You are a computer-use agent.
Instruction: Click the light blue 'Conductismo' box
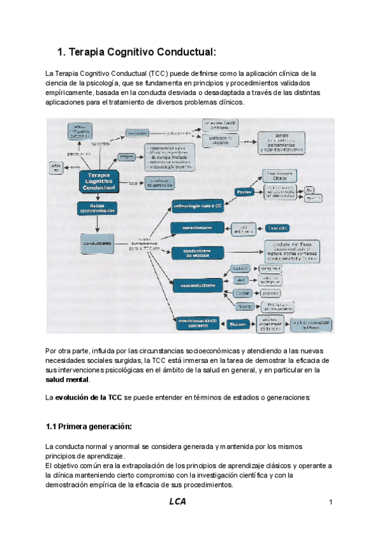(x=98, y=242)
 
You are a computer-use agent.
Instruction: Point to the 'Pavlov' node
(x=244, y=191)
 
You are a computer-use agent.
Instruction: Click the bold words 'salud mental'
(x=68, y=380)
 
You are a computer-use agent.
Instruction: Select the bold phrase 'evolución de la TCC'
(x=87, y=397)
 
